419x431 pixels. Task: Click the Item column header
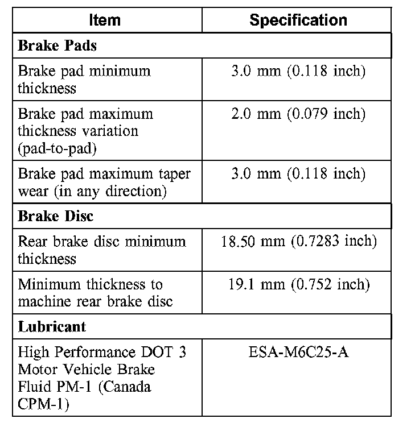point(105,20)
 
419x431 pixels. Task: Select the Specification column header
point(298,20)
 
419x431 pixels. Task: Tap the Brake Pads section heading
point(57,46)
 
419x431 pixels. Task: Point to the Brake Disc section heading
point(56,217)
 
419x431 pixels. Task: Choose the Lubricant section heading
point(52,327)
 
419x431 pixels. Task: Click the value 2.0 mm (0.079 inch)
point(298,114)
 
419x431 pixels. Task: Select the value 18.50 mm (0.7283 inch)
point(298,242)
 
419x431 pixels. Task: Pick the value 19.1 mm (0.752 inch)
point(298,284)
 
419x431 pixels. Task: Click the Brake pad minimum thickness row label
point(84,80)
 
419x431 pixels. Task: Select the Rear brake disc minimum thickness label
point(101,250)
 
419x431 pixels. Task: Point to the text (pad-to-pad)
point(56,148)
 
